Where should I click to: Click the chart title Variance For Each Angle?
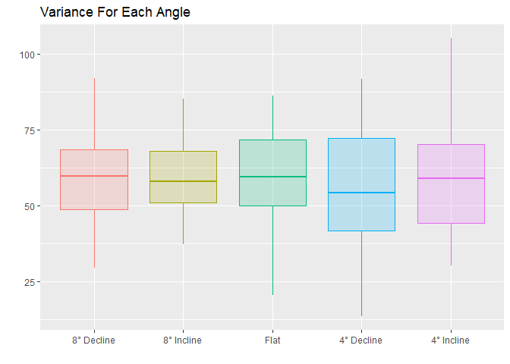click(x=115, y=12)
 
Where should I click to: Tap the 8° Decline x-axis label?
click(x=94, y=340)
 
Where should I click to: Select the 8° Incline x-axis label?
click(x=183, y=340)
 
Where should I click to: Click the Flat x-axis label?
click(x=272, y=340)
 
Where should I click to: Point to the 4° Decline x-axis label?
click(x=361, y=340)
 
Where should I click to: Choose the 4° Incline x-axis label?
click(x=451, y=340)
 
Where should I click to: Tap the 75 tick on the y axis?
click(x=27, y=130)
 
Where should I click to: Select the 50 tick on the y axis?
click(x=27, y=206)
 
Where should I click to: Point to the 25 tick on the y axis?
click(x=27, y=282)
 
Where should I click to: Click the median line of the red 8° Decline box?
click(x=94, y=176)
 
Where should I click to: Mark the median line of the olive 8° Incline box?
click(x=183, y=181)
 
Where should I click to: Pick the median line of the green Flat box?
click(x=272, y=177)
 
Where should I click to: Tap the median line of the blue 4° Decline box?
click(x=361, y=193)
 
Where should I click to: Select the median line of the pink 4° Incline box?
click(x=451, y=178)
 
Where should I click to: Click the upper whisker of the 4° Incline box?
click(x=451, y=91)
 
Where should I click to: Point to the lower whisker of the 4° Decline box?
click(x=361, y=273)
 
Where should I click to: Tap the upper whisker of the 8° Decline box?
click(x=94, y=114)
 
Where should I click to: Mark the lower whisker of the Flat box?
click(x=272, y=250)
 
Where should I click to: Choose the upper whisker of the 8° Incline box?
click(x=183, y=125)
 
